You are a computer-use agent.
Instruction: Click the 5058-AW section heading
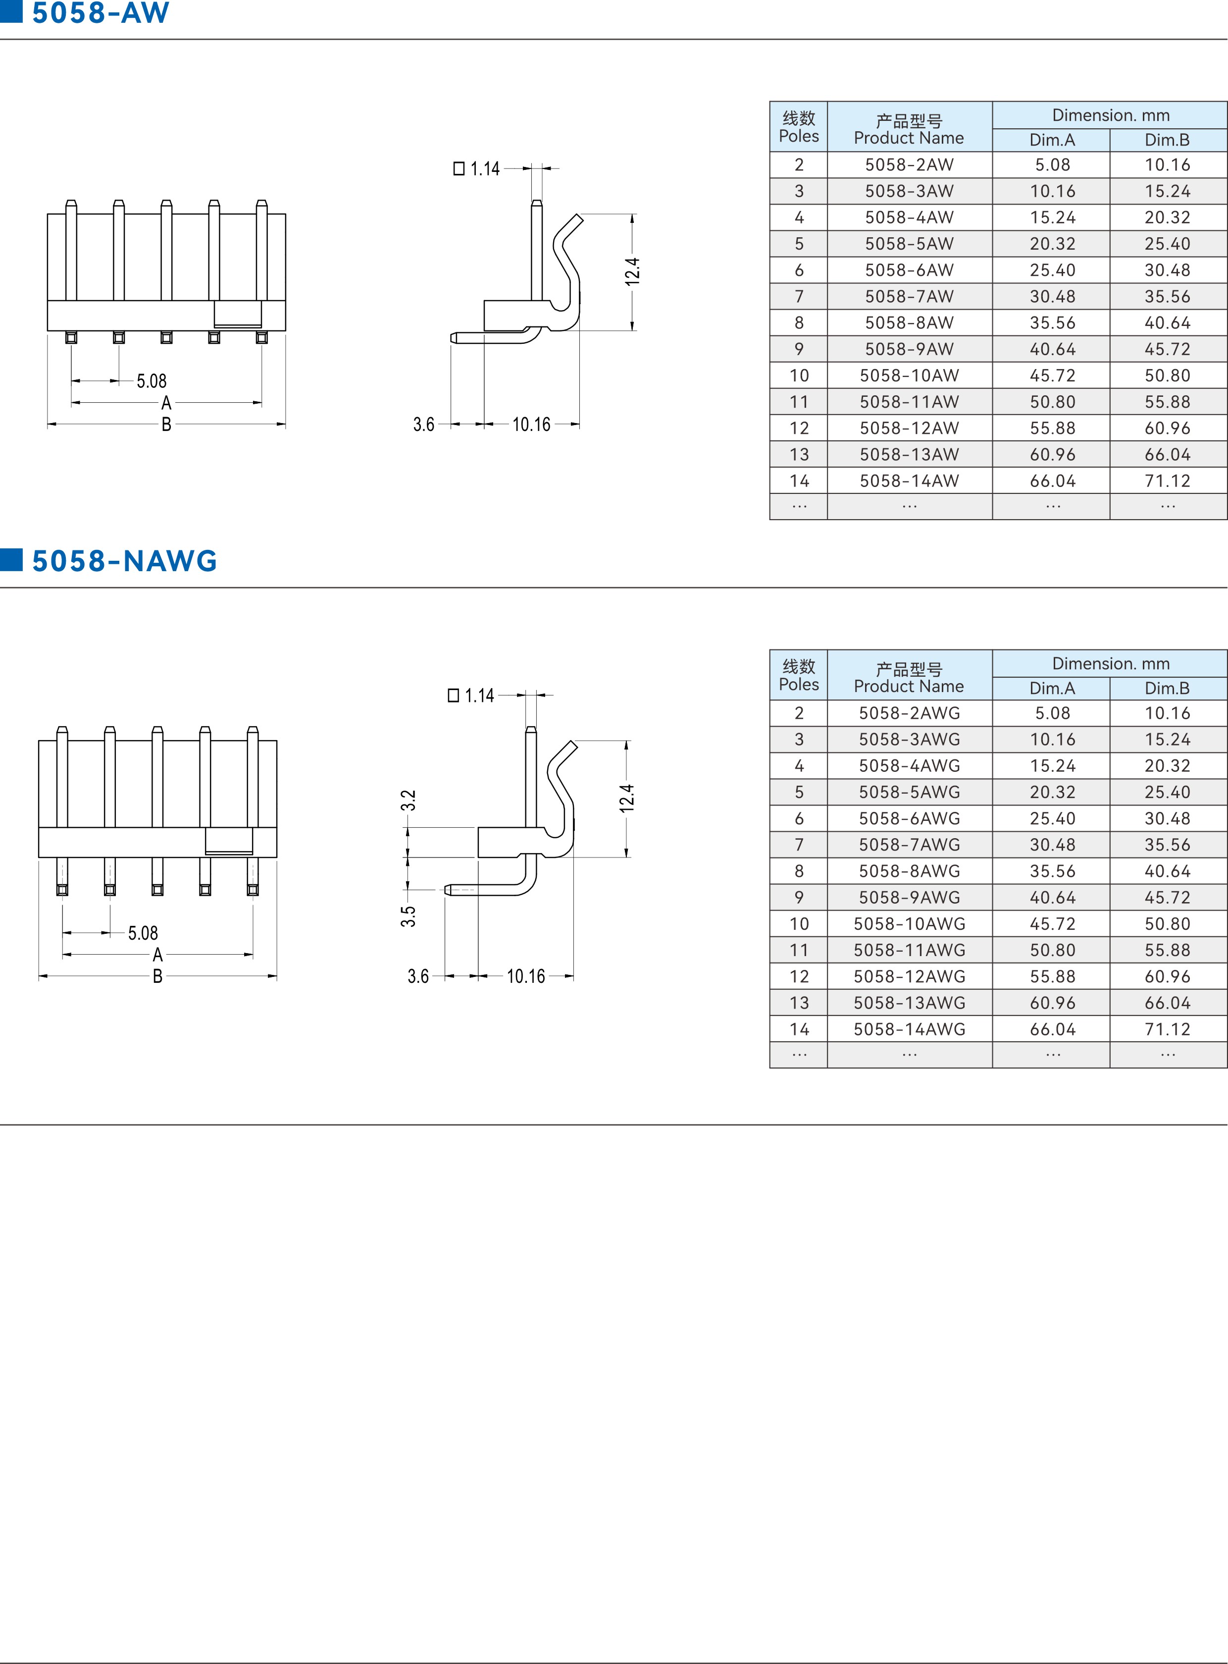(101, 13)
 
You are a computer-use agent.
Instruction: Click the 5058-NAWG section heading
(124, 561)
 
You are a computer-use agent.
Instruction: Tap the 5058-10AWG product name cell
(909, 923)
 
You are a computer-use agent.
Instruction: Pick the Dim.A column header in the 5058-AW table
(1052, 140)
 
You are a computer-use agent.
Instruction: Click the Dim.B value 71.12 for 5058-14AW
(1167, 481)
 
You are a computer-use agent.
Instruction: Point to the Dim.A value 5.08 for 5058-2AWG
(1052, 713)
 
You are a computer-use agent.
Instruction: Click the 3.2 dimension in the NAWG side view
(408, 800)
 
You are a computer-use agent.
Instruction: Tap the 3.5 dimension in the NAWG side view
(408, 916)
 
